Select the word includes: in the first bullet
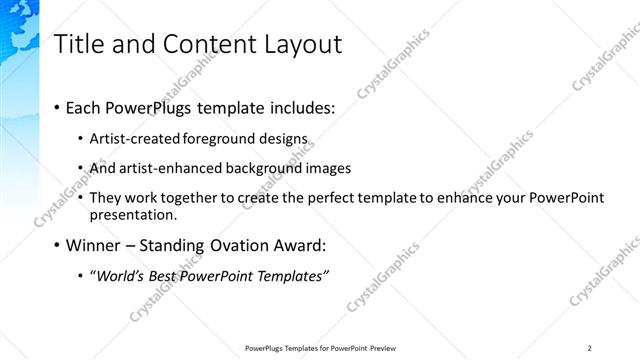point(301,107)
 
